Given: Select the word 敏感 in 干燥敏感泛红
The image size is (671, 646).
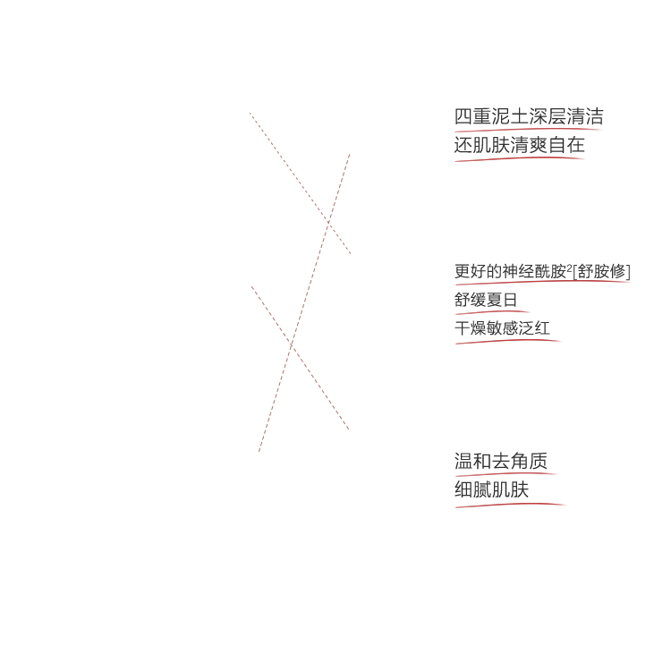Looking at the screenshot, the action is tap(502, 328).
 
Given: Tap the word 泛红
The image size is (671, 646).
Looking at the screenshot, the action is tap(534, 328).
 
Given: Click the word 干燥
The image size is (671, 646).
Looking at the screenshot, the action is tap(470, 328).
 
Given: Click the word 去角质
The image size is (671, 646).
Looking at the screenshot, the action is tap(520, 462).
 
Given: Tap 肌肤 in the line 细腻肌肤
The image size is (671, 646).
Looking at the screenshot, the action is tap(511, 490).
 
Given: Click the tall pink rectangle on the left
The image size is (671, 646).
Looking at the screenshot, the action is tap(310, 277).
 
